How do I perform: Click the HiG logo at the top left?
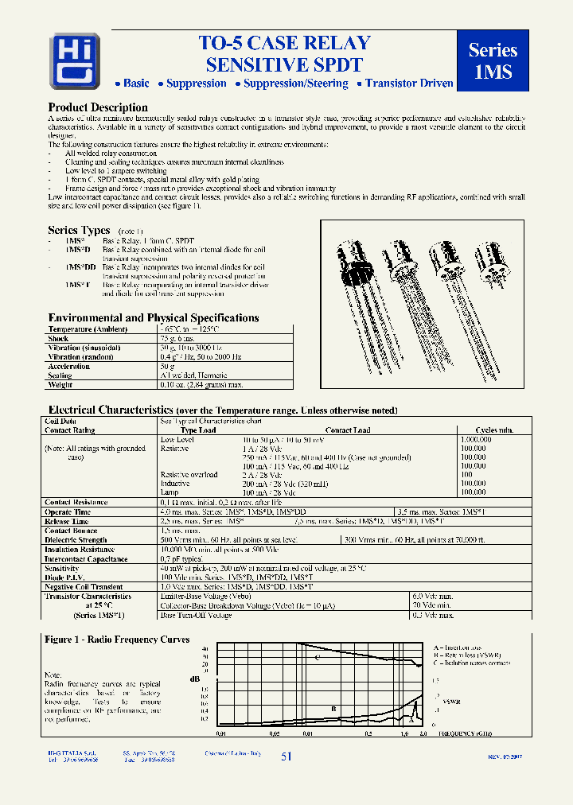click(75, 60)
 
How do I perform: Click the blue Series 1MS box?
click(493, 60)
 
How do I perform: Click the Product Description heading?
click(98, 107)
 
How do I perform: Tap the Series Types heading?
click(79, 231)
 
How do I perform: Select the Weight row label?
click(60, 384)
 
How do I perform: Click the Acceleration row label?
click(68, 366)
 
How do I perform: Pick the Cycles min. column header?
click(493, 430)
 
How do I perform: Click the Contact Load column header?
click(348, 430)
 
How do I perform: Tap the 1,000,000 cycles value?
click(477, 439)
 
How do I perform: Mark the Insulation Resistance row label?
click(80, 550)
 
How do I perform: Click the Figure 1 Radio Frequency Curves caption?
click(117, 639)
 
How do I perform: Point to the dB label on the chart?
click(194, 678)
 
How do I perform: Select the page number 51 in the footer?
click(286, 756)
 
